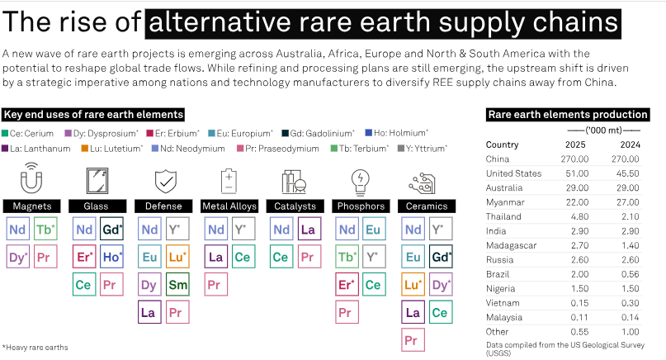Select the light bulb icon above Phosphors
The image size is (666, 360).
coord(360,182)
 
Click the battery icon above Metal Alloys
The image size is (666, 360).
coord(229,181)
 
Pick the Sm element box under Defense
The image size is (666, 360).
coord(177,284)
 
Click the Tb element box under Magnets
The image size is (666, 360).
coord(45,230)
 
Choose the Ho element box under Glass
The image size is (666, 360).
coord(111,257)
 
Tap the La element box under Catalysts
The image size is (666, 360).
coord(309,230)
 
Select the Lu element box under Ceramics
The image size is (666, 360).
coord(413,284)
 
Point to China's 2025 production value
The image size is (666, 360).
coord(574,159)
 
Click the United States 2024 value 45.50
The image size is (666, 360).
coord(627,173)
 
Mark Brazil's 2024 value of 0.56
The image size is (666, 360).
coord(630,274)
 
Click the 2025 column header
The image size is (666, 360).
coord(575,144)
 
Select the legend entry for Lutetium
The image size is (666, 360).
coord(111,149)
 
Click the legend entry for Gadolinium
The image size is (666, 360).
coord(318,134)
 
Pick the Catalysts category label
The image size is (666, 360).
coord(295,206)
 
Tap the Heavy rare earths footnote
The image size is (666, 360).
coord(35,348)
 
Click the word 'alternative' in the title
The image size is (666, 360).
coord(220,22)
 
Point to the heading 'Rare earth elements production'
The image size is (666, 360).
coord(568,114)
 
